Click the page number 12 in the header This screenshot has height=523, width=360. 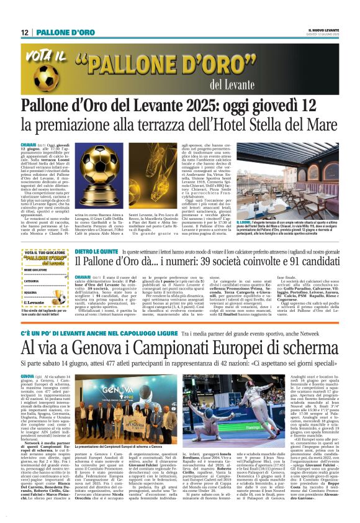click(25, 32)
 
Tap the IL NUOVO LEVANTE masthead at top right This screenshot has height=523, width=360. click(323, 30)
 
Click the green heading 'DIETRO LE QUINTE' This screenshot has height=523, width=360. click(97, 252)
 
